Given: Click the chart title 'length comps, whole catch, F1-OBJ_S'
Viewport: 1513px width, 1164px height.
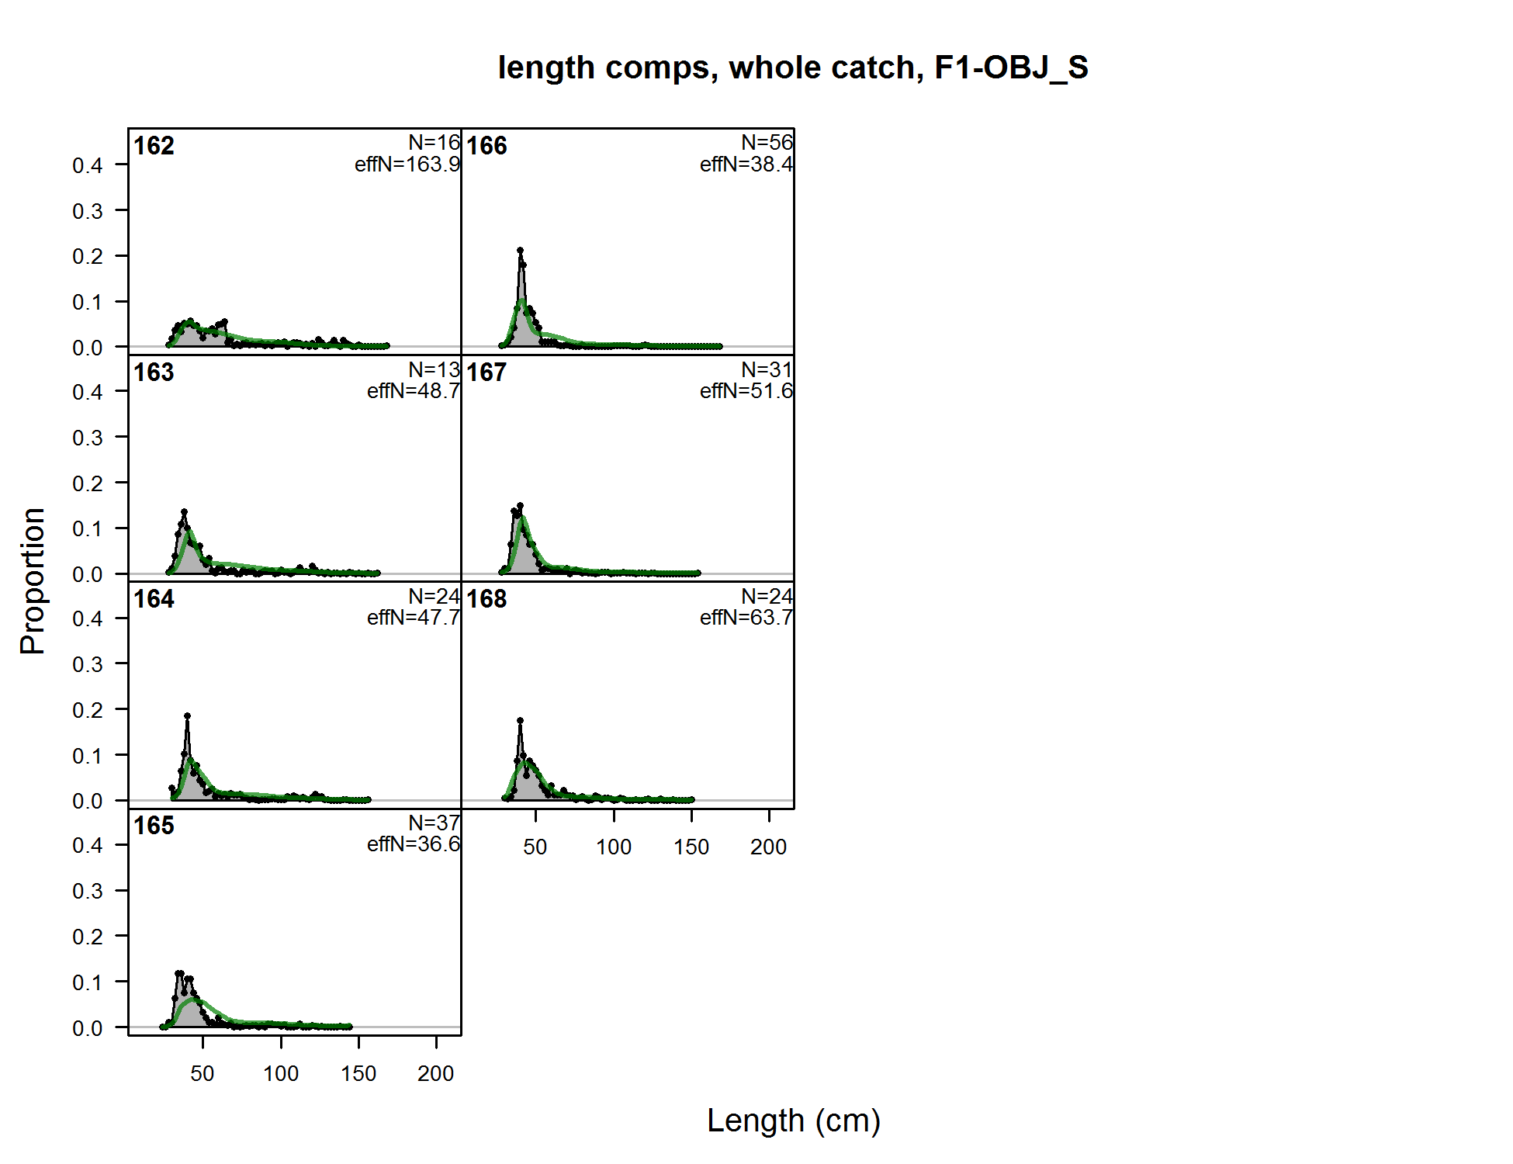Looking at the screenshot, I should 793,68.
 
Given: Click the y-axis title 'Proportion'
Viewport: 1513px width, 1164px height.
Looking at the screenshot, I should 33,580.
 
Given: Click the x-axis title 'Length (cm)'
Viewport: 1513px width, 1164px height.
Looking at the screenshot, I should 793,1121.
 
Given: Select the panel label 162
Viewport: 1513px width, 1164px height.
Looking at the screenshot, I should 154,146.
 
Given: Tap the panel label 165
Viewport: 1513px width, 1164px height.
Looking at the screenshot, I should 154,826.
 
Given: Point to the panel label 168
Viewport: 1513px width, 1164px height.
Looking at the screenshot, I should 486,599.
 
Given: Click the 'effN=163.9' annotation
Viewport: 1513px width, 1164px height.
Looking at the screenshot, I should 407,165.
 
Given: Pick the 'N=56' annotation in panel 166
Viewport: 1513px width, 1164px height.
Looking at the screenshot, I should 767,143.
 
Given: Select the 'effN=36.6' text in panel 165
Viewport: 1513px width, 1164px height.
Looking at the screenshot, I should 414,844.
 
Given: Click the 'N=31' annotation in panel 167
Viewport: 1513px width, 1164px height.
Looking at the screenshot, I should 767,369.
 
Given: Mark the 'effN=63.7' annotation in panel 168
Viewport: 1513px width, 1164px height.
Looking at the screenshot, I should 746,618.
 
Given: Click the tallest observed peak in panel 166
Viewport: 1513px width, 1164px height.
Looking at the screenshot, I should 520,251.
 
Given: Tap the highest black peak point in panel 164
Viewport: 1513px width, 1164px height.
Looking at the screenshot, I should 187,716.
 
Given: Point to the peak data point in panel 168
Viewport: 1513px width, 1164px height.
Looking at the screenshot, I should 520,721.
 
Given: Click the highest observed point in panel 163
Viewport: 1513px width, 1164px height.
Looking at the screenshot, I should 184,512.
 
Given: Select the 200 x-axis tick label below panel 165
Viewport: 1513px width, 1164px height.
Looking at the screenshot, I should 435,1074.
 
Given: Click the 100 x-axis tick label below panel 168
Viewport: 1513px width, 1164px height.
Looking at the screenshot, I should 613,847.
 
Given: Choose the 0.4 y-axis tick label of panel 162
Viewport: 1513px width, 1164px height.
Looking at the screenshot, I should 88,165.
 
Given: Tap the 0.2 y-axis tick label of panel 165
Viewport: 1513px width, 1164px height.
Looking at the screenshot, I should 88,937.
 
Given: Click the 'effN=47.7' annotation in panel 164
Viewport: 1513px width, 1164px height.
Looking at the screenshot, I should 414,618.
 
